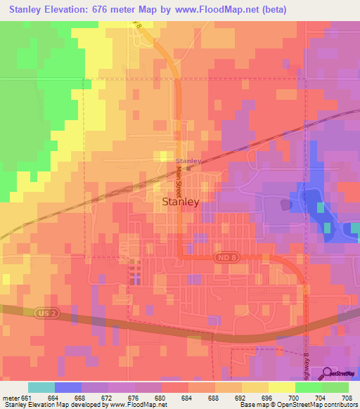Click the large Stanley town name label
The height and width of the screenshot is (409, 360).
[181, 201]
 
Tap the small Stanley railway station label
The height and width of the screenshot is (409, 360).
[188, 161]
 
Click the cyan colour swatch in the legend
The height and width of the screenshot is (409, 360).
[41, 387]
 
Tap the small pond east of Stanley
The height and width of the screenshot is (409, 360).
[285, 204]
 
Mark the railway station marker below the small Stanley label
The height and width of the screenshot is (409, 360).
[188, 169]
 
